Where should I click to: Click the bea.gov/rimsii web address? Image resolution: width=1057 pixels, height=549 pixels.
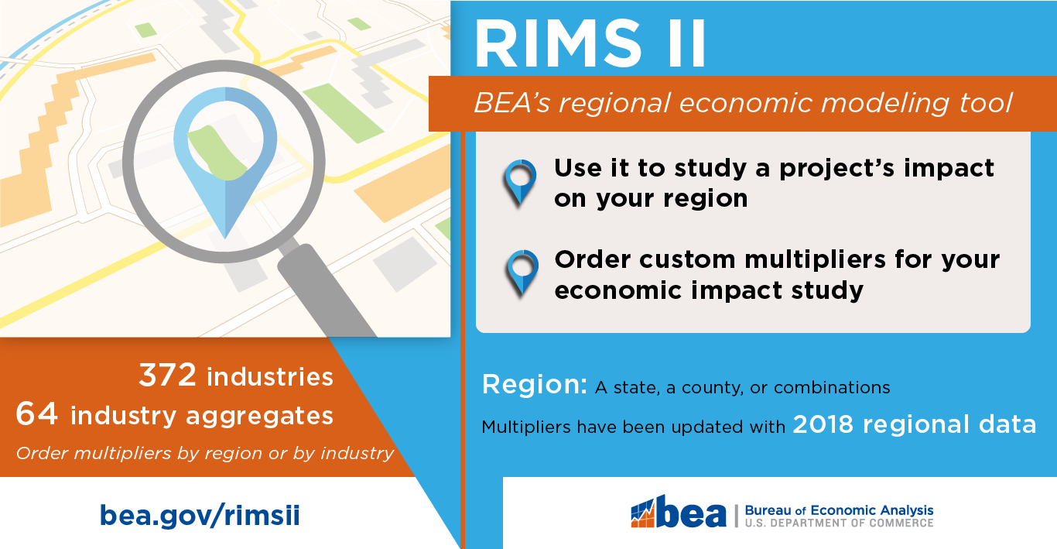point(200,516)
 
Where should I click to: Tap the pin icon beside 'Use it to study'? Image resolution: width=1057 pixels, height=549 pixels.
point(520,180)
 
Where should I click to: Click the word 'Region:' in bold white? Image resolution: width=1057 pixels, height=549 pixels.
point(534,385)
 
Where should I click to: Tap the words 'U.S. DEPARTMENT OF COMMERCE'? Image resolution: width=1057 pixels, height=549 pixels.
point(839,523)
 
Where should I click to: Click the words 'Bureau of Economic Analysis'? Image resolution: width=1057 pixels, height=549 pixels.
point(839,510)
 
